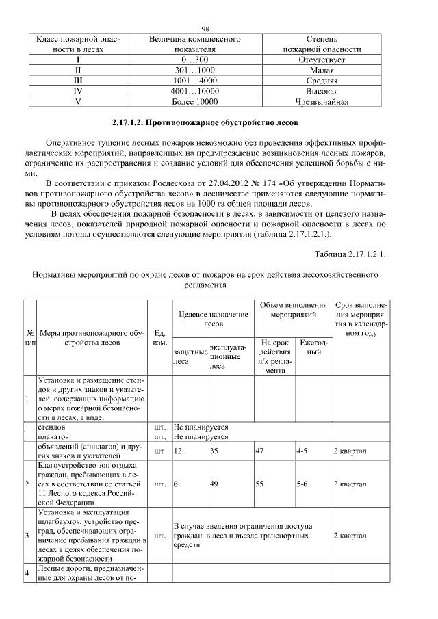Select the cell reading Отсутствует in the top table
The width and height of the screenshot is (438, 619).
322,60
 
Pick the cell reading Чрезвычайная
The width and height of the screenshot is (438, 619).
322,102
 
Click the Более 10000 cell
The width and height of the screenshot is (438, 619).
195,102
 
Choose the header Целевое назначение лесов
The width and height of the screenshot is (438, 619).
213,319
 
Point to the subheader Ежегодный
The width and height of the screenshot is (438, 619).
313,347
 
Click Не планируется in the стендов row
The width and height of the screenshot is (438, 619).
201,426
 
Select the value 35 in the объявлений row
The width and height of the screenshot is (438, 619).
214,451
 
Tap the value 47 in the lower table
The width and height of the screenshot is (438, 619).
259,451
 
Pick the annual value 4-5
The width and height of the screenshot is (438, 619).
302,451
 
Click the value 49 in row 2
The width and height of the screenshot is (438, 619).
214,484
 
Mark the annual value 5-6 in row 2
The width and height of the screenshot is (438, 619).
302,484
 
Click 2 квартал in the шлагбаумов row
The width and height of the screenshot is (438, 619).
349,536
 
